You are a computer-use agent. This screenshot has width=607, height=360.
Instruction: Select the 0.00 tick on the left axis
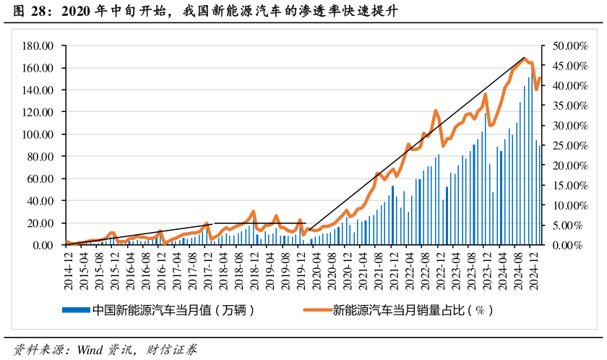44,245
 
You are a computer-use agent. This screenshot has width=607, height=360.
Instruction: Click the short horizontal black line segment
260,223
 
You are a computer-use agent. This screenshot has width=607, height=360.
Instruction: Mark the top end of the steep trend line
525,58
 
